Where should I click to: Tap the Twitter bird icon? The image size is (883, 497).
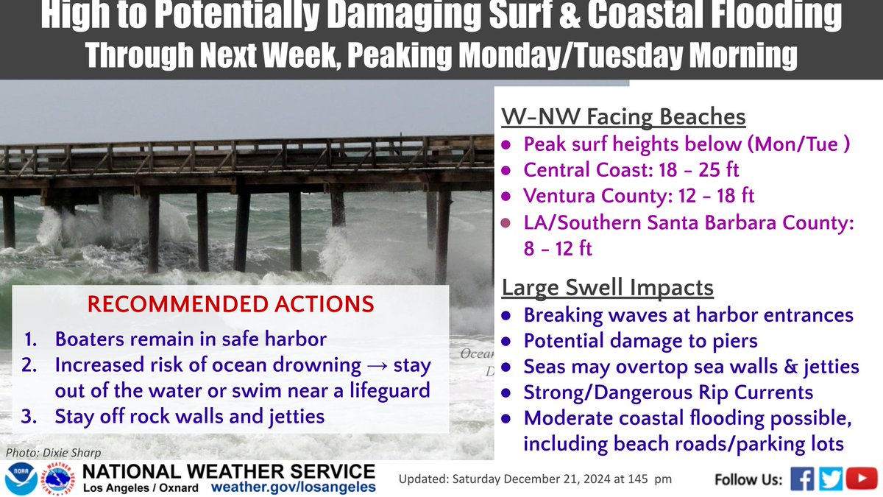[831, 479]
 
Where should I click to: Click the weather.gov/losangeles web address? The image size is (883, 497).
[293, 487]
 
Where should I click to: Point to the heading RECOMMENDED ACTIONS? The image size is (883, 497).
[232, 303]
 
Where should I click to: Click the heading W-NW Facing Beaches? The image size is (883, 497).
[624, 117]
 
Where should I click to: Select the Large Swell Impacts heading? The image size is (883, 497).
[608, 287]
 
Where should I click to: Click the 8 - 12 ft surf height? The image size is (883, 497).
[558, 249]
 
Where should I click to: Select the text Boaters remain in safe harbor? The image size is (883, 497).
[191, 339]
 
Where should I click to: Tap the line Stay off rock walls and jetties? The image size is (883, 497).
[190, 416]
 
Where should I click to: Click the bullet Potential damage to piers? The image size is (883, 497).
[640, 341]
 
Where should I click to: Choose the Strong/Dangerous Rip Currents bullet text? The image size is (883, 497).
[668, 392]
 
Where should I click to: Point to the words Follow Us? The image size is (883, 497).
[748, 480]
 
